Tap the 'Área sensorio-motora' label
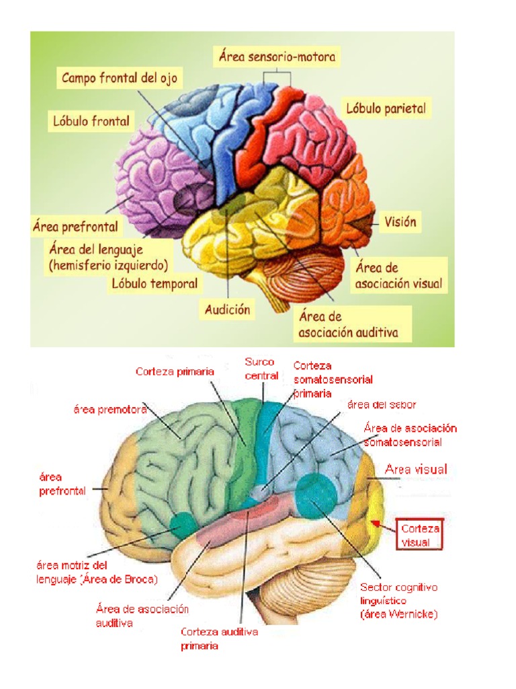tap(277, 57)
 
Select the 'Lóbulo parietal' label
tap(386, 108)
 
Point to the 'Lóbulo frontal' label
tap(91, 122)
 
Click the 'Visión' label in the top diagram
tap(401, 221)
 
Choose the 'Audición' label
tap(228, 310)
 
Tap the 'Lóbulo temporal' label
tap(155, 283)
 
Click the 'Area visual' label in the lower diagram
tap(416, 469)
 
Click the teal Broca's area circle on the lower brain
tap(181, 524)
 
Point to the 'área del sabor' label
tap(382, 404)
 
